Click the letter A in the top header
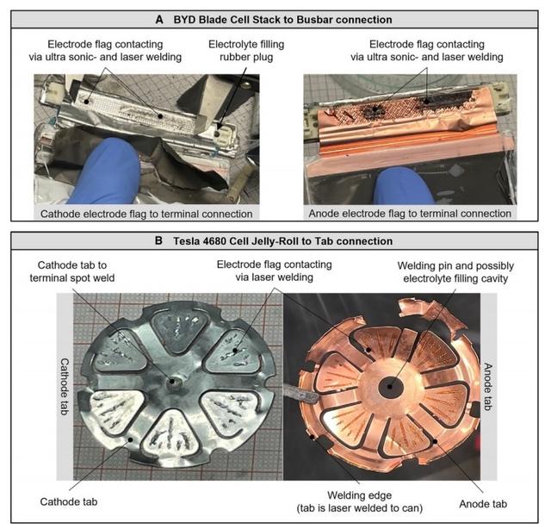point(159,20)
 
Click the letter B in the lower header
point(158,241)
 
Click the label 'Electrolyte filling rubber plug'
point(246,51)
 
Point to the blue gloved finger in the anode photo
point(403,185)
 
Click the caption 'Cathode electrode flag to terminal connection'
point(146,214)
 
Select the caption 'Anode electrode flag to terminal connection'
point(410,214)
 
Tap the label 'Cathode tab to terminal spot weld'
point(72,271)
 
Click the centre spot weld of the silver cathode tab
point(172,381)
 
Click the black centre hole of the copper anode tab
point(390,386)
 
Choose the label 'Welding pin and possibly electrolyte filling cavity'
point(455,272)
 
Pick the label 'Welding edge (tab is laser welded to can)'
point(360,501)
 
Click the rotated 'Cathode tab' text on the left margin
point(65,387)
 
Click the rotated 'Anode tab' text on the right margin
point(488,387)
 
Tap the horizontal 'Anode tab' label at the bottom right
point(483,504)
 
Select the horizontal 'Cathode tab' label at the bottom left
point(69,501)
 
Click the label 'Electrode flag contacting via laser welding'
point(274,271)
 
